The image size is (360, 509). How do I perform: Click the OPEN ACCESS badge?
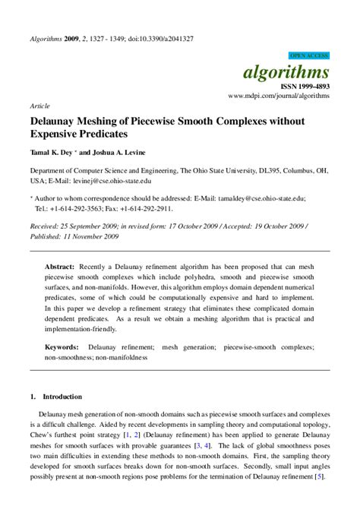pos(308,56)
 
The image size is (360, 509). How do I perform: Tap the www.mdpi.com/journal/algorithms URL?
pos(278,97)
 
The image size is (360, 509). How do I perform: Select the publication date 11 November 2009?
pos(94,236)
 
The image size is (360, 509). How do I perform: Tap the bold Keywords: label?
pos(62,346)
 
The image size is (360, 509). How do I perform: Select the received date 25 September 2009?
pos(96,226)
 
